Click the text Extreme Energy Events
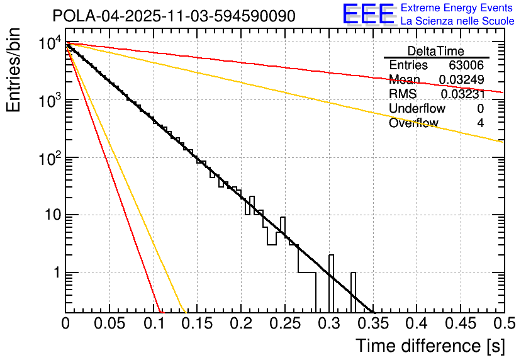(x=457, y=8)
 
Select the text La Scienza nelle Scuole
(x=457, y=21)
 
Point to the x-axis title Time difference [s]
(x=428, y=346)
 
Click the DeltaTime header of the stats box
(x=436, y=51)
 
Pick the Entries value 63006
(x=466, y=65)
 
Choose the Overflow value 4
(x=480, y=123)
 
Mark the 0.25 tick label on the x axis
(x=285, y=323)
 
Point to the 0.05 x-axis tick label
(x=109, y=323)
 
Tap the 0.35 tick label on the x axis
(x=372, y=323)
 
